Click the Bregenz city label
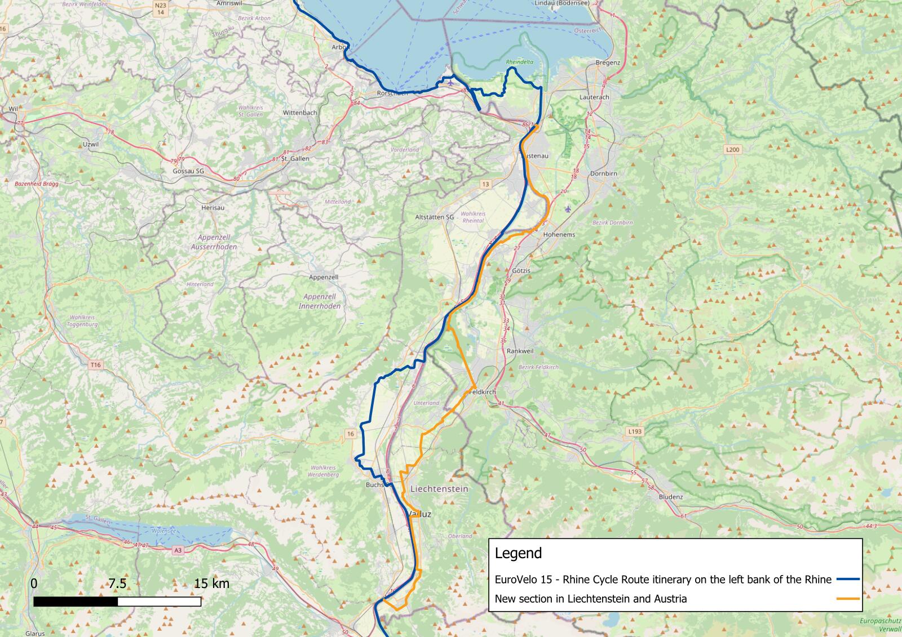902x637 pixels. click(x=607, y=63)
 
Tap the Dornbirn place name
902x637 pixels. click(x=604, y=174)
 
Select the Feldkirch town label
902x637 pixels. click(x=481, y=391)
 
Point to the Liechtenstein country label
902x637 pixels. click(x=440, y=489)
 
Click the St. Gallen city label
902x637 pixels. click(x=295, y=159)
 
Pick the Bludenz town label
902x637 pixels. click(x=671, y=497)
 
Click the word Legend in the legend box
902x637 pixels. click(x=518, y=553)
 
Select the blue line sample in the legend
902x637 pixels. click(x=847, y=579)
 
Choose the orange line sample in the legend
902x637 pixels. click(x=847, y=598)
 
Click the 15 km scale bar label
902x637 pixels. click(x=211, y=584)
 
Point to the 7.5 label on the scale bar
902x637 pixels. click(x=117, y=584)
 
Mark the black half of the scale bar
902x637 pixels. click(x=76, y=602)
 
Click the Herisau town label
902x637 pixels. click(x=213, y=208)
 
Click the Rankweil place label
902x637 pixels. click(x=520, y=351)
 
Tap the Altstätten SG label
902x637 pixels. click(x=434, y=217)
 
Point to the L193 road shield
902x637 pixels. click(x=635, y=431)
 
